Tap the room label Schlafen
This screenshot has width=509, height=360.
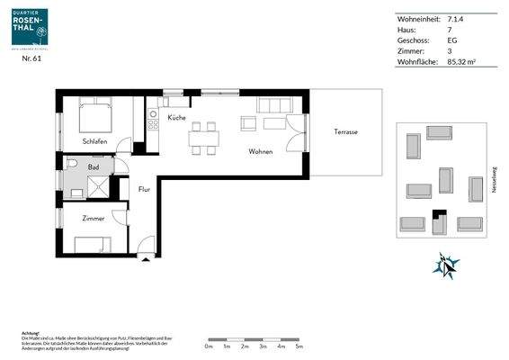[94, 141]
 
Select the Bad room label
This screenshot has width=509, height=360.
[94, 167]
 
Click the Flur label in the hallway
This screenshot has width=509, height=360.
[144, 189]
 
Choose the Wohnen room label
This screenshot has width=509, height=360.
[261, 151]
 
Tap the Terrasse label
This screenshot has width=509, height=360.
[345, 132]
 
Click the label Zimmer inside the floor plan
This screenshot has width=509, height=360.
[93, 219]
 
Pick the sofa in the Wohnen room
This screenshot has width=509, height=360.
[271, 105]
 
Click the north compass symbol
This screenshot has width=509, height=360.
[446, 265]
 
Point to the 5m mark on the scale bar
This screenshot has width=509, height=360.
[299, 345]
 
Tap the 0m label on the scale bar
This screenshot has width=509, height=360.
[208, 345]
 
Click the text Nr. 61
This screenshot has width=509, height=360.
[31, 58]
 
